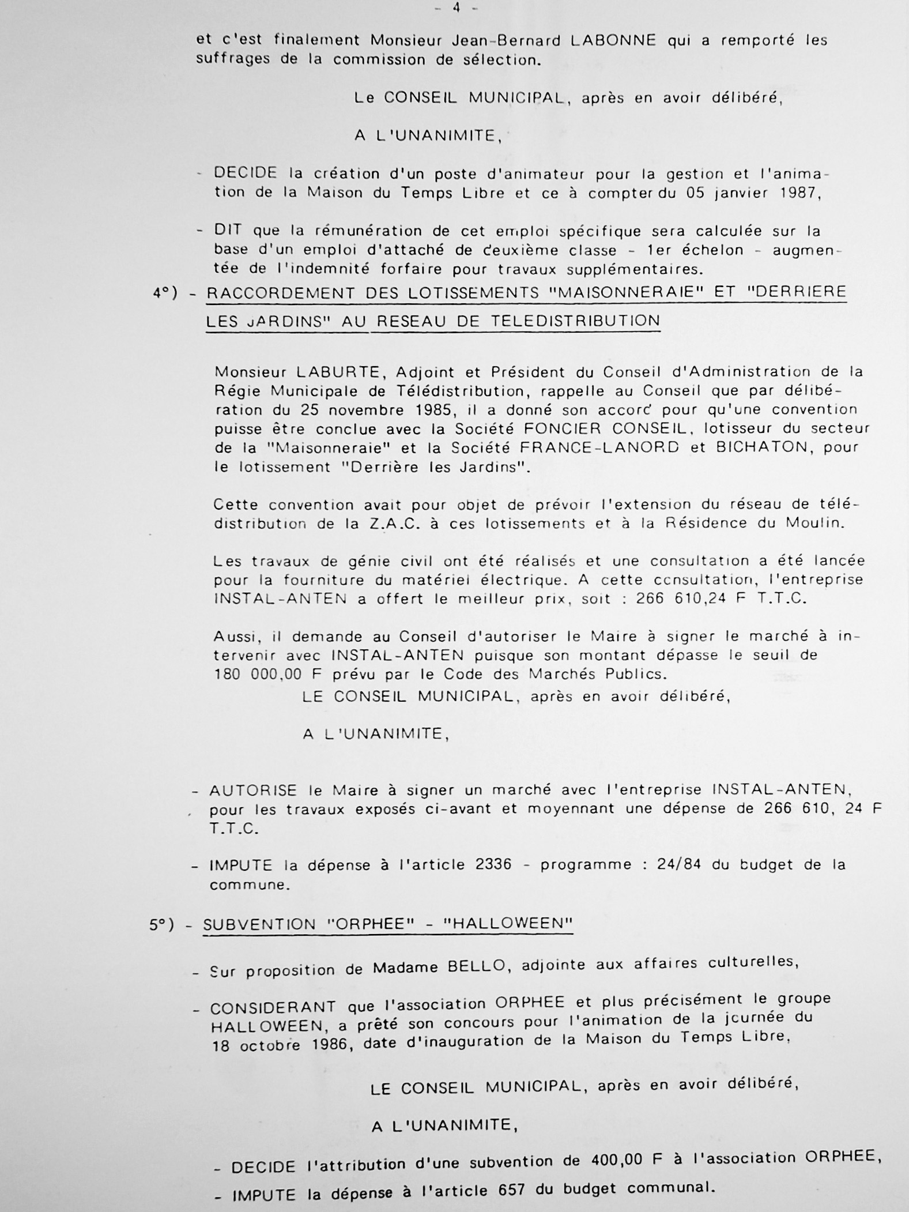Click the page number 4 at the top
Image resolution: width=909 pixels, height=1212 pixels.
456,7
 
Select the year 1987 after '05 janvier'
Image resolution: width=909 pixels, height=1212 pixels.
799,193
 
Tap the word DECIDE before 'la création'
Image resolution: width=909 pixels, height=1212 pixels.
246,174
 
